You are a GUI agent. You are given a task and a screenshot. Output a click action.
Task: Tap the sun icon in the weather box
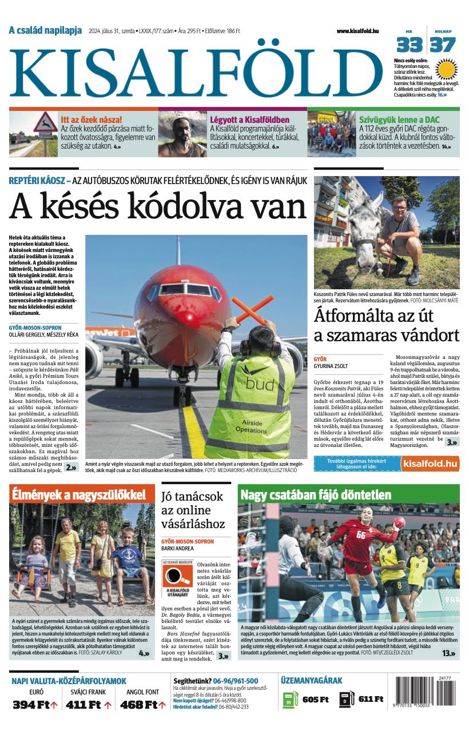[x=447, y=69]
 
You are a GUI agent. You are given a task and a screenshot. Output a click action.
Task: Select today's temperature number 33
[x=410, y=45]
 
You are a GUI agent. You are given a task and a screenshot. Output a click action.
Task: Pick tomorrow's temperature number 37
[x=443, y=45]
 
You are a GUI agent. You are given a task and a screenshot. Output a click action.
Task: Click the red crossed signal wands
[x=252, y=309]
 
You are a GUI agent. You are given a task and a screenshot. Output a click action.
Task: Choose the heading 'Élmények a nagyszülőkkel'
[x=82, y=494]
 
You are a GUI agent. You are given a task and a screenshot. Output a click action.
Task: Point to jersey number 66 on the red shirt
[x=361, y=535]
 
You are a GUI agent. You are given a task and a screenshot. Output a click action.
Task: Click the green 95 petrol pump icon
[x=290, y=700]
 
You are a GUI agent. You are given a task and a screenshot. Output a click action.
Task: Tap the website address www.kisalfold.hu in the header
[x=357, y=31]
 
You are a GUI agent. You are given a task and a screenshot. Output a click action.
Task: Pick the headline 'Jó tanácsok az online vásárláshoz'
[x=193, y=510]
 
